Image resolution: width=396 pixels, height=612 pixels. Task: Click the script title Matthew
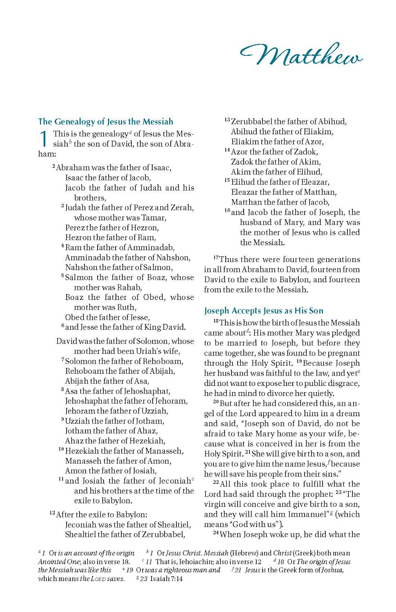[x=301, y=56]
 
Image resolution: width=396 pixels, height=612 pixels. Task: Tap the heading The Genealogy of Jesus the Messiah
[x=106, y=122]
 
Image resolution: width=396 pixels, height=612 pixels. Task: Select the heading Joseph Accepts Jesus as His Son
[x=264, y=311]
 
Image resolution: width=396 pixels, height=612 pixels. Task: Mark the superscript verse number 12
[x=52, y=513]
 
